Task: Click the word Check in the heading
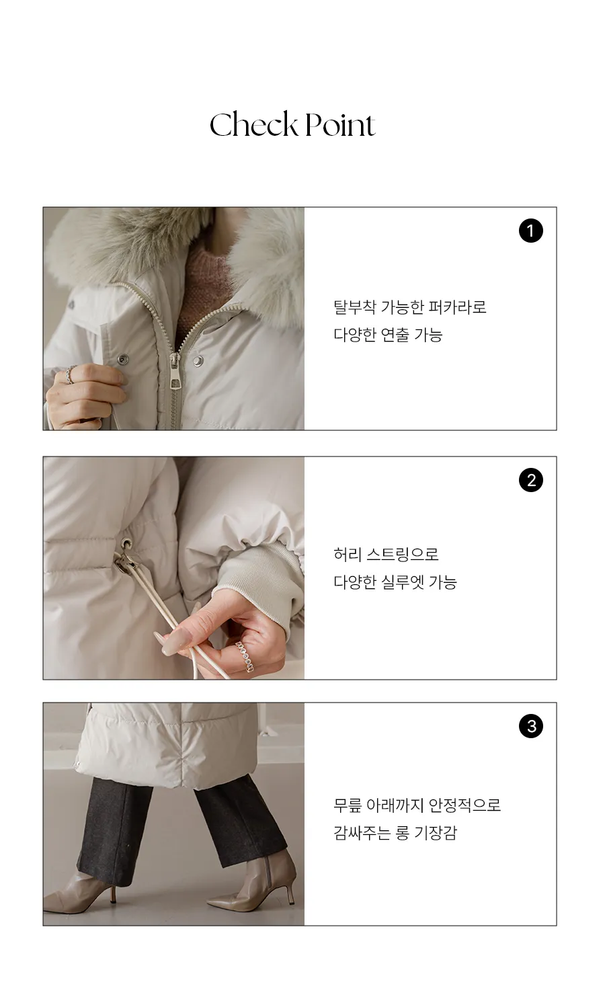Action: [253, 124]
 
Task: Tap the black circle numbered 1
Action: [530, 231]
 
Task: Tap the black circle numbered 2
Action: [530, 480]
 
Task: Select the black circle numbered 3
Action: [530, 726]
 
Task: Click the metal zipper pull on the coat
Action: [174, 372]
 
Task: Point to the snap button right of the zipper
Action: [198, 360]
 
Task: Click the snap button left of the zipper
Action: [122, 358]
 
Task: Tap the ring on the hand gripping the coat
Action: [70, 374]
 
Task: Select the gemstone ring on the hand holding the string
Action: [245, 657]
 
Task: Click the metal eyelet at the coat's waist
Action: [127, 543]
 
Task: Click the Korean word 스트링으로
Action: [403, 555]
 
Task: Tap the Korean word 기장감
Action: [436, 833]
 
